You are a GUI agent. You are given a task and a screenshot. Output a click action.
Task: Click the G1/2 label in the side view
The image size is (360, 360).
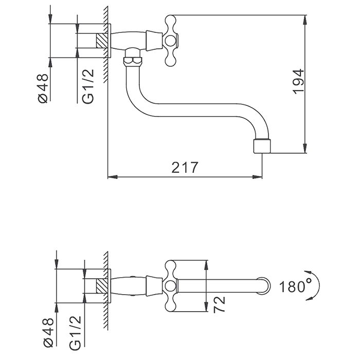[88, 87]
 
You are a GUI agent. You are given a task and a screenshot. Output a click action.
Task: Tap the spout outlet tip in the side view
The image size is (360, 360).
[262, 146]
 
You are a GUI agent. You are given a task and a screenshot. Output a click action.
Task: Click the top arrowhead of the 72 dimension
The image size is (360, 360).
[207, 263]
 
